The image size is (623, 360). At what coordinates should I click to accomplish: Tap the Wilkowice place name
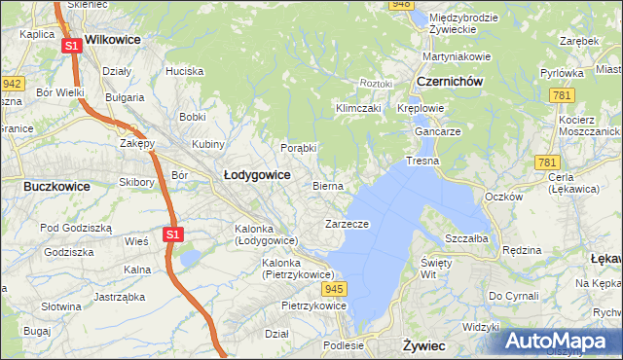[x=113, y=40]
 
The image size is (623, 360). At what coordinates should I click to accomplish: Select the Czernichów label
[x=449, y=82]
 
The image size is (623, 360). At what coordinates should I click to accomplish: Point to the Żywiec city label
[x=423, y=345]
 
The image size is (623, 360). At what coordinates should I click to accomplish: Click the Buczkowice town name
[x=56, y=185]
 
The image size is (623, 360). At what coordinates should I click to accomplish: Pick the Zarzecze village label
[x=347, y=224]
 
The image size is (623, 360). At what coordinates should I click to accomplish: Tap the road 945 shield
[x=336, y=290]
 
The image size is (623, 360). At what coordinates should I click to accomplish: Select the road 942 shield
[x=13, y=84]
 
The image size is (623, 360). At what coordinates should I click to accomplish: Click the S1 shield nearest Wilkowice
[x=71, y=46]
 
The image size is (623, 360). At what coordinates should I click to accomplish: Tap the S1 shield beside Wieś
[x=172, y=234]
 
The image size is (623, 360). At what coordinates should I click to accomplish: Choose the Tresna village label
[x=422, y=161]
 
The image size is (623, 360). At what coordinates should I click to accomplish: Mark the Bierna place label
[x=328, y=185]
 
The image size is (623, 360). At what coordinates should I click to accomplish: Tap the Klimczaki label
[x=355, y=108]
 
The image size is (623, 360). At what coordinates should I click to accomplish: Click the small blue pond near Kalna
[x=188, y=258]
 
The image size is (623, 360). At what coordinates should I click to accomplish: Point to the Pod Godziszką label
[x=76, y=227]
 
